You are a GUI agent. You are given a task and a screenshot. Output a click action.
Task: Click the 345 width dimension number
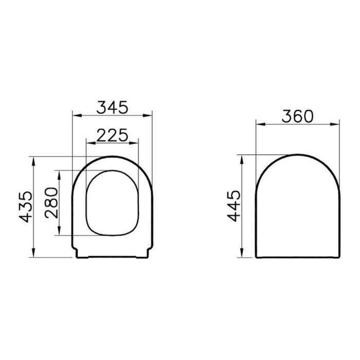pyautogui.click(x=113, y=107)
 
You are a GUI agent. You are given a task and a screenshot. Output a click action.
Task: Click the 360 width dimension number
pyautogui.click(x=297, y=116)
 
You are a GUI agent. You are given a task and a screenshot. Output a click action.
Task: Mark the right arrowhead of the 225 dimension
pyautogui.click(x=137, y=142)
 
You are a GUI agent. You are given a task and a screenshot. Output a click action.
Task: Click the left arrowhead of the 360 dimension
pyautogui.click(x=259, y=124)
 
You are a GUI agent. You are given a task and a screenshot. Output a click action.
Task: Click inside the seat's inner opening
pyautogui.click(x=113, y=203)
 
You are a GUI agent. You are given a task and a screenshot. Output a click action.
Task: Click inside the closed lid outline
pyautogui.click(x=298, y=211)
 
